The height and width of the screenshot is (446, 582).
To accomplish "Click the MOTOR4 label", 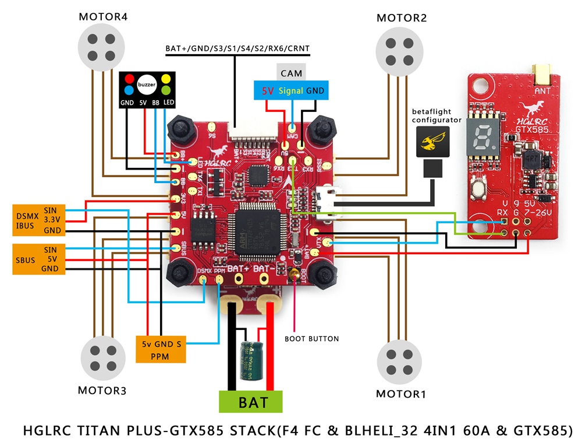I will pos(103,17).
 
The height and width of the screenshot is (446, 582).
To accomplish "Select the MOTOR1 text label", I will pos(400,394).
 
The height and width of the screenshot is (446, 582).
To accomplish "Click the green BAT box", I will pos(251,402).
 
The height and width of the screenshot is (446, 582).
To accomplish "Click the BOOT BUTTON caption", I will pos(311,339).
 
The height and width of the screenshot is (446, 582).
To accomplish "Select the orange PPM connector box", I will pos(160,349).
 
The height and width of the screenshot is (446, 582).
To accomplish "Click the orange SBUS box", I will pos(37,258).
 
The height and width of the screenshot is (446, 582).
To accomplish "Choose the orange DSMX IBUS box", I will pos(37,220).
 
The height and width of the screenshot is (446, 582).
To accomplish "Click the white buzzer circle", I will pos(147,85).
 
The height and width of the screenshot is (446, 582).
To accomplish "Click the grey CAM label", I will pos(290,73).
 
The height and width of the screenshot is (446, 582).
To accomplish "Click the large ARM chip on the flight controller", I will pos(256,228).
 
